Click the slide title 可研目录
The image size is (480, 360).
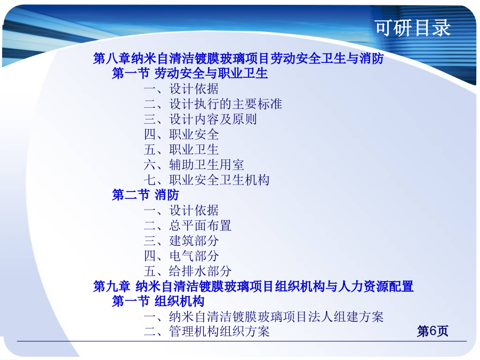pyautogui.click(x=413, y=28)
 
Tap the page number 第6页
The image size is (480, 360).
pyautogui.click(x=433, y=331)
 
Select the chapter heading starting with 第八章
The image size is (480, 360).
pyautogui.click(x=238, y=58)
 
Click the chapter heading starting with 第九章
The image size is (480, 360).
pyautogui.click(x=253, y=286)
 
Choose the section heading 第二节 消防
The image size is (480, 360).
pyautogui.click(x=146, y=195)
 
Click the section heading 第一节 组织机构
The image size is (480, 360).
pyautogui.click(x=158, y=301)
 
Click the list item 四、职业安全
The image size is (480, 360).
pyautogui.click(x=181, y=134)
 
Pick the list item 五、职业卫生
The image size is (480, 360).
pyautogui.click(x=181, y=149)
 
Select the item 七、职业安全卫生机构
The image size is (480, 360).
pyautogui.click(x=206, y=180)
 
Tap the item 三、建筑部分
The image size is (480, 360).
pyautogui.click(x=181, y=241)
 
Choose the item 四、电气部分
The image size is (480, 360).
pyautogui.click(x=181, y=256)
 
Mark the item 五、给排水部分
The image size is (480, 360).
pyautogui.click(x=188, y=271)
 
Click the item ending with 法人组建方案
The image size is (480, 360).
pyautogui.click(x=263, y=316)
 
